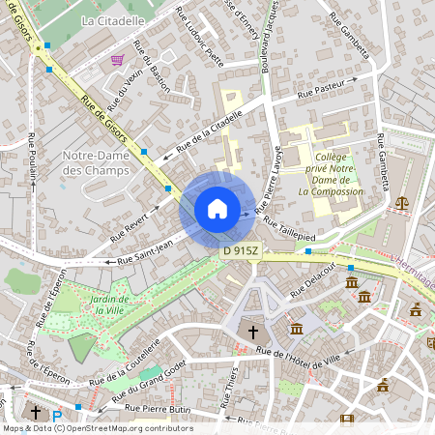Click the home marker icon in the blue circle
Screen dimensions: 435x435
pyautogui.click(x=217, y=209)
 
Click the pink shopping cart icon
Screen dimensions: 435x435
pyautogui.click(x=117, y=60)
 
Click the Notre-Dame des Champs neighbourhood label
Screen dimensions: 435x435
pyautogui.click(x=97, y=162)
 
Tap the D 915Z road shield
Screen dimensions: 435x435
pyautogui.click(x=240, y=250)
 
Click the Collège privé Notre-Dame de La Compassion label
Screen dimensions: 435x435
pyautogui.click(x=331, y=173)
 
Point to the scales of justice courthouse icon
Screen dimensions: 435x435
pyautogui.click(x=402, y=203)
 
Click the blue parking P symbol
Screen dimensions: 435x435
pyautogui.click(x=57, y=417)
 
